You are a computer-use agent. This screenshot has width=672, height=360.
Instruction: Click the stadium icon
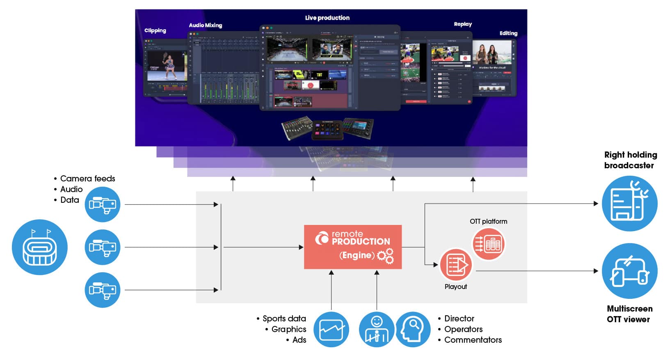(x=39, y=247)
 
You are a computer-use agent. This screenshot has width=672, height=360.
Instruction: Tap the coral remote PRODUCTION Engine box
(x=352, y=247)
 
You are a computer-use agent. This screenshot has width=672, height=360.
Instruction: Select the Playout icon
(x=455, y=265)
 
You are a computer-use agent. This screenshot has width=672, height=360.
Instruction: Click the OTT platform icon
(x=489, y=244)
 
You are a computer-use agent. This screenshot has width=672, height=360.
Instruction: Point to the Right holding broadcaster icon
(x=629, y=204)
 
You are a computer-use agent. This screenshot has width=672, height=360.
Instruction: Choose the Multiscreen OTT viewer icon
(x=629, y=271)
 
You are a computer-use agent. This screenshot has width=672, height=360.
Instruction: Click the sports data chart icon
(x=331, y=329)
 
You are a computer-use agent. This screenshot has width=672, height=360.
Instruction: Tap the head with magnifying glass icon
(x=413, y=329)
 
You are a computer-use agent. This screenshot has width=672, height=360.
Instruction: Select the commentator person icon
(x=376, y=329)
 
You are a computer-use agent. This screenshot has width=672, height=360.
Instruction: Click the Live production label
(x=327, y=18)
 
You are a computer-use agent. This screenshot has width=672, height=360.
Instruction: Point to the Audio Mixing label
(x=205, y=25)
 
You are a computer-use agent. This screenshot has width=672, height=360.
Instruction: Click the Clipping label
(x=155, y=30)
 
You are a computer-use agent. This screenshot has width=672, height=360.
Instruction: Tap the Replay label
(x=462, y=24)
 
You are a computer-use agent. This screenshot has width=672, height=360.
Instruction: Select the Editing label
(x=508, y=33)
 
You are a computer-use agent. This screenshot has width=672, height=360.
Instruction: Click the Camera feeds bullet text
(x=87, y=179)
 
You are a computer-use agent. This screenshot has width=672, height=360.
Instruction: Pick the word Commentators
(x=473, y=340)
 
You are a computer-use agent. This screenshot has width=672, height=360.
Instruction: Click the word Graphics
(x=288, y=329)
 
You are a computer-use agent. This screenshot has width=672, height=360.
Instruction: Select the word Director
(x=459, y=319)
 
